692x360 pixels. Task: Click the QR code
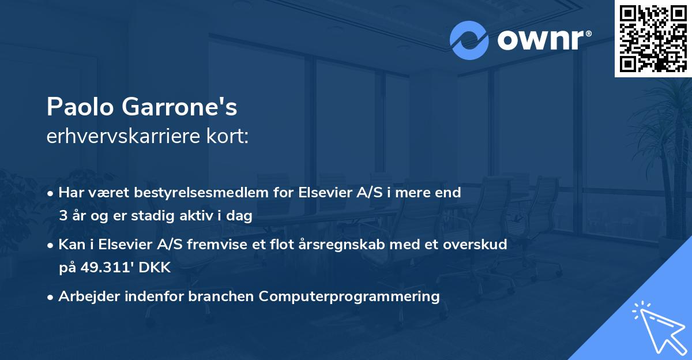[653, 39]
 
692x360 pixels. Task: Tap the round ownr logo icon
[469, 40]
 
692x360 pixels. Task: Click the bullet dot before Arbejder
[51, 297]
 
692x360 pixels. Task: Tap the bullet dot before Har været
[51, 193]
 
